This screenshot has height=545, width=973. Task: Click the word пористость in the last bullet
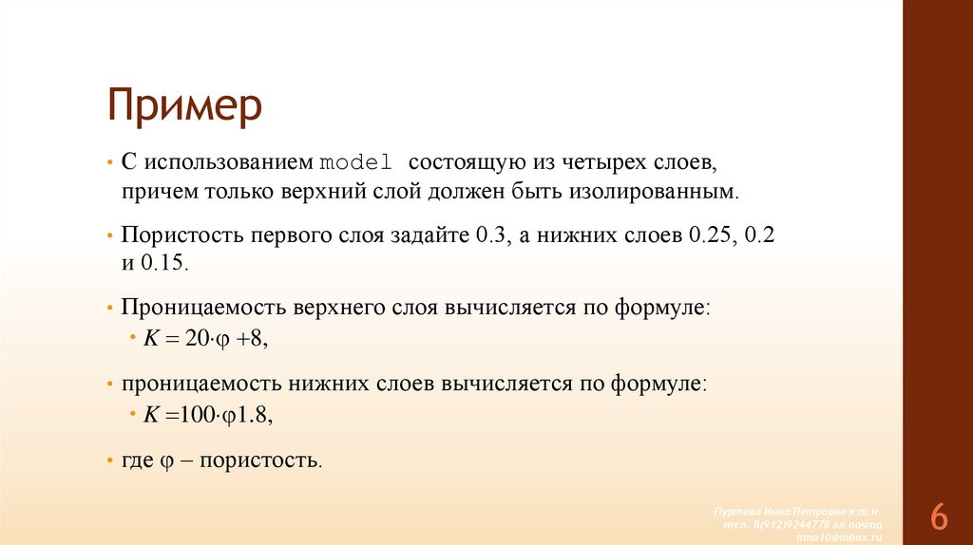point(267,460)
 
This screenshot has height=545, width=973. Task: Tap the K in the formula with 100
point(150,415)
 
